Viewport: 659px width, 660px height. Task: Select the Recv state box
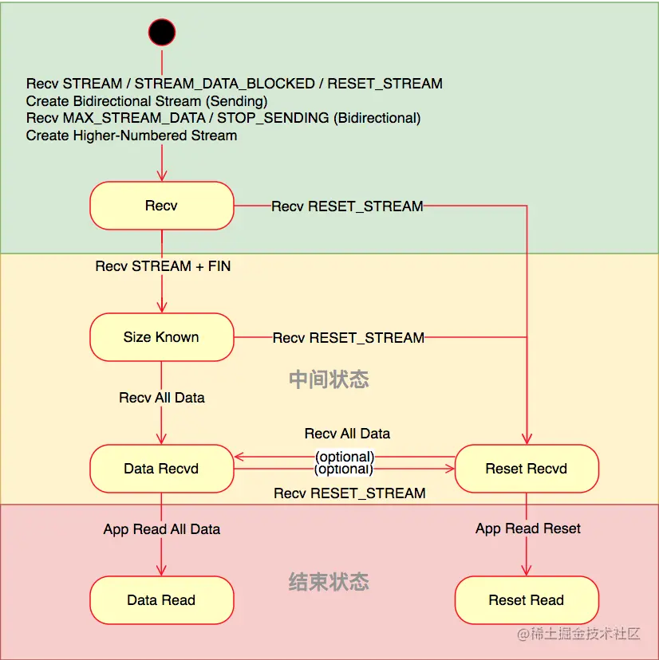(161, 206)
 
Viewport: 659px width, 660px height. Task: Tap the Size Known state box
(161, 337)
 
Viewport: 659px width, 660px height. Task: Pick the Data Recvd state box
(161, 469)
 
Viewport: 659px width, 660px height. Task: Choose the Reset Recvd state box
(526, 469)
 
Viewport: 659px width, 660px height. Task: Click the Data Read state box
(161, 600)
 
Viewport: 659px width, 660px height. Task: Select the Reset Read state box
(526, 600)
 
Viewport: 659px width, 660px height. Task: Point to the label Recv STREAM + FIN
(163, 266)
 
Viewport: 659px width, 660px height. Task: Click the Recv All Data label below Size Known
(162, 397)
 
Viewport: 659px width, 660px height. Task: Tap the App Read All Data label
(162, 529)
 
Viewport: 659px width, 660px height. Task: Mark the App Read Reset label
(528, 528)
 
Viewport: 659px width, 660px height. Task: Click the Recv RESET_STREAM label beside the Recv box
(347, 206)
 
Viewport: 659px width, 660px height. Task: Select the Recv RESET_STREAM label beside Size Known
(349, 338)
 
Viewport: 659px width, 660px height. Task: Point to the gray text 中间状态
(329, 379)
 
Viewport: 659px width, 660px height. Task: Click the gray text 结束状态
(329, 581)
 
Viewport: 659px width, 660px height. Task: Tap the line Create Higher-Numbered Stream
(132, 136)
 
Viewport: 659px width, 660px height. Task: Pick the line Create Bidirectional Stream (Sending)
(147, 101)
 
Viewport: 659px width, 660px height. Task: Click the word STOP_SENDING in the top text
(274, 118)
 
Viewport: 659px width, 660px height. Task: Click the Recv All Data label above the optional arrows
(347, 434)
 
